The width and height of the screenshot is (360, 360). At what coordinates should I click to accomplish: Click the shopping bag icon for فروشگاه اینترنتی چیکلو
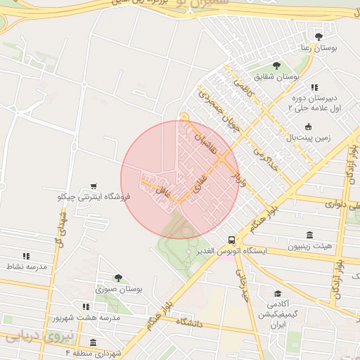point(94,184)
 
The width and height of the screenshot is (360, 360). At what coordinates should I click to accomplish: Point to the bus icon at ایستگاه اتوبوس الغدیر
point(232,239)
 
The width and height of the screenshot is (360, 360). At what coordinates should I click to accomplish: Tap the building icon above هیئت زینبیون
point(309,235)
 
